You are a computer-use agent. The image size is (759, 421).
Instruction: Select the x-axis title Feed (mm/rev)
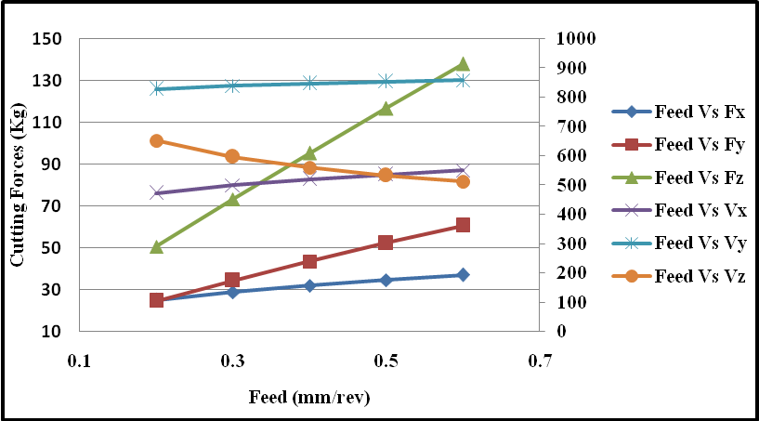[309, 398]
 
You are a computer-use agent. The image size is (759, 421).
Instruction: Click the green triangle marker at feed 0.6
[463, 64]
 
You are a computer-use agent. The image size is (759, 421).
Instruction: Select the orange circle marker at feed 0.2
[156, 140]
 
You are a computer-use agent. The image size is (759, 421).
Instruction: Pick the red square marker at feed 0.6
[463, 225]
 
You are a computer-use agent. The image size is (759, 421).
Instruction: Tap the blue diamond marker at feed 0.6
[463, 275]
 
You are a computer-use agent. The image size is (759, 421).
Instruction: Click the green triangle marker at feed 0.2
[156, 247]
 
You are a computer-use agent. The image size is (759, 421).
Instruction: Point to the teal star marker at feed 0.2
[156, 88]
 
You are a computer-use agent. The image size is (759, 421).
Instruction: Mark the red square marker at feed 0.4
[309, 261]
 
